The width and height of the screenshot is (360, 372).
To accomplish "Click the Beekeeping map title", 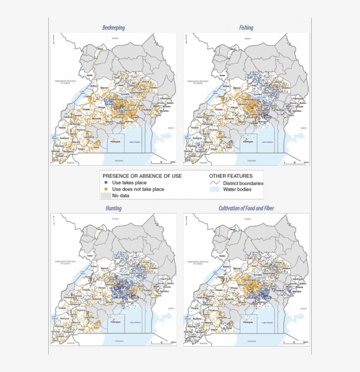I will pyautogui.click(x=114, y=28).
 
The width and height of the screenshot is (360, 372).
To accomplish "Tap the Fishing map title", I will pyautogui.click(x=246, y=28).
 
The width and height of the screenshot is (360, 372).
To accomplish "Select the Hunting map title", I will pyautogui.click(x=114, y=208).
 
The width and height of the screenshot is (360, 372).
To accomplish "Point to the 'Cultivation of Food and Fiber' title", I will pyautogui.click(x=246, y=208).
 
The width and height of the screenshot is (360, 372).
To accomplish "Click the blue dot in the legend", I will pyautogui.click(x=105, y=183).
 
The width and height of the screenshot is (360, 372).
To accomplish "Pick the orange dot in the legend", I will pyautogui.click(x=105, y=189).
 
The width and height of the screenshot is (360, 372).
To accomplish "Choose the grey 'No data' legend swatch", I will pyautogui.click(x=105, y=196).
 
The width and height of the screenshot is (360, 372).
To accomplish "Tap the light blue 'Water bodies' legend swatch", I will pyautogui.click(x=214, y=190).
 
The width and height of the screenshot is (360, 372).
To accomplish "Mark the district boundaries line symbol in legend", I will pyautogui.click(x=214, y=183).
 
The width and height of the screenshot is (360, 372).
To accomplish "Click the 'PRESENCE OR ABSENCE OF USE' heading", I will pyautogui.click(x=142, y=176).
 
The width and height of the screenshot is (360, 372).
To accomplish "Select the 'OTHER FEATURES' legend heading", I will pyautogui.click(x=230, y=176).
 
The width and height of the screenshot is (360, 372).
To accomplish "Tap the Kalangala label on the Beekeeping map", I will pyautogui.click(x=115, y=141).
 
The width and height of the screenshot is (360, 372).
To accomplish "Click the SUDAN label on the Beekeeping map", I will pyautogui.click(x=115, y=39).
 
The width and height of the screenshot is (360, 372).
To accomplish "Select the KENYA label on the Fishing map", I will pyautogui.click(x=303, y=128).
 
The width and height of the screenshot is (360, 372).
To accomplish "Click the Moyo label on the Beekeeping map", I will pyautogui.click(x=100, y=49).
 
